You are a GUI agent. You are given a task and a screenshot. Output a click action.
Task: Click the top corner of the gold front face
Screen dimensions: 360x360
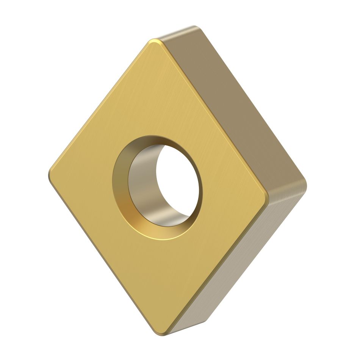tap(154, 42)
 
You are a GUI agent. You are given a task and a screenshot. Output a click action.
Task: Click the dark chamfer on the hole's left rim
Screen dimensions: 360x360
tap(121, 182)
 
